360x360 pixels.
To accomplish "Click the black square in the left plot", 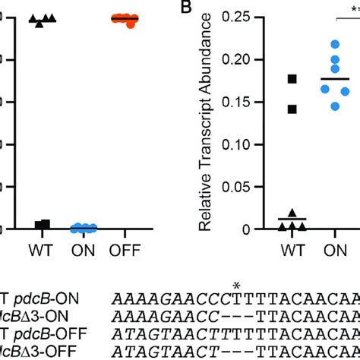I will tap(44, 224).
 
